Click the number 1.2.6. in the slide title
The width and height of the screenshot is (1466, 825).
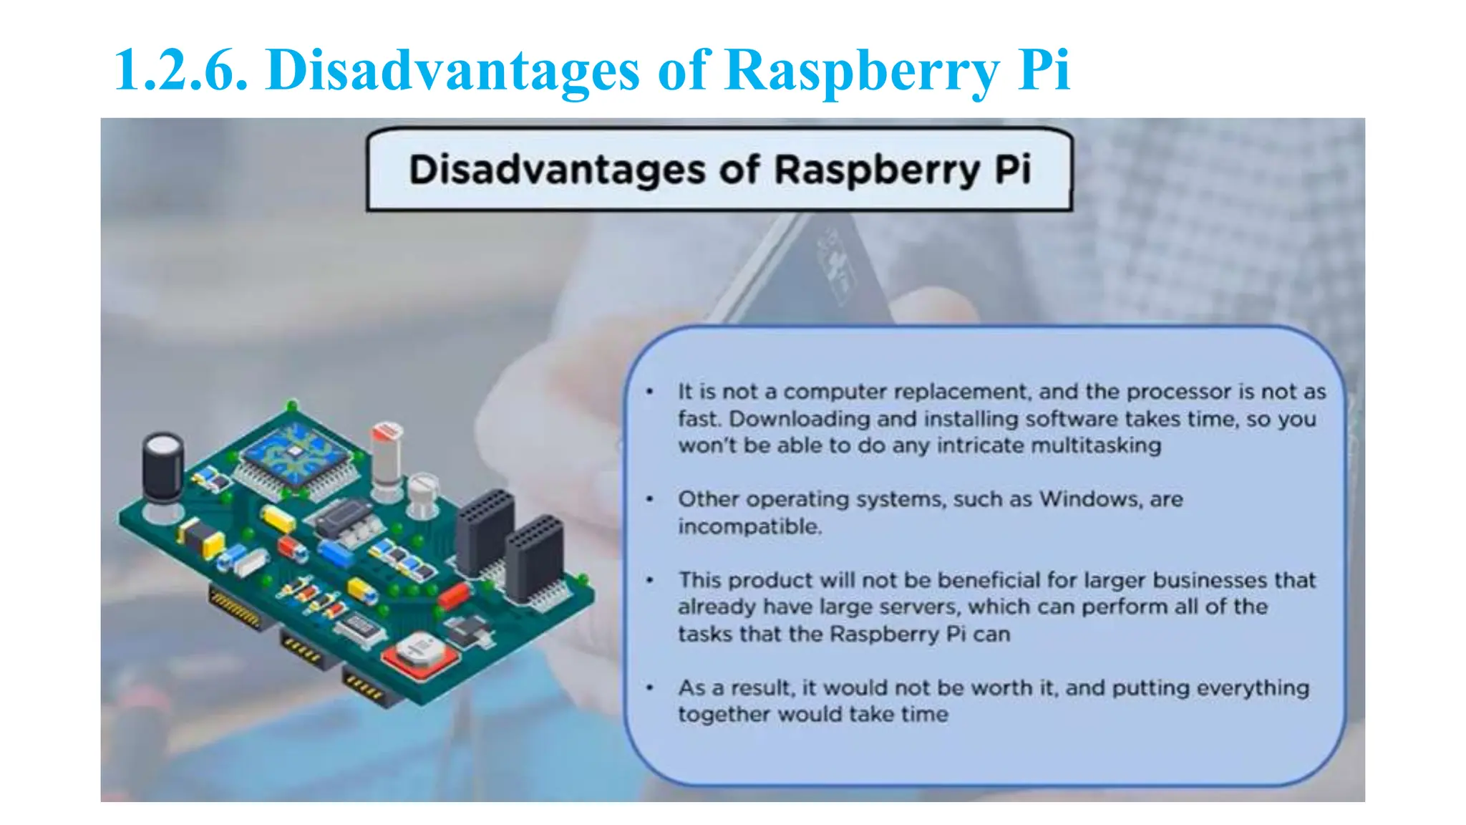click(181, 70)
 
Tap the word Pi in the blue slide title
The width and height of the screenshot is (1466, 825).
click(1043, 70)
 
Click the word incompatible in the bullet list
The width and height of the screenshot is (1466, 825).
click(749, 526)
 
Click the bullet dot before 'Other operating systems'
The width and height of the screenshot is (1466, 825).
click(650, 499)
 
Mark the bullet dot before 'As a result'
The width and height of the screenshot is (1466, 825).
click(650, 687)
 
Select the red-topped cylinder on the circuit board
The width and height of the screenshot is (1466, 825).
click(387, 451)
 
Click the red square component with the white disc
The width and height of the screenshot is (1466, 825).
click(418, 653)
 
